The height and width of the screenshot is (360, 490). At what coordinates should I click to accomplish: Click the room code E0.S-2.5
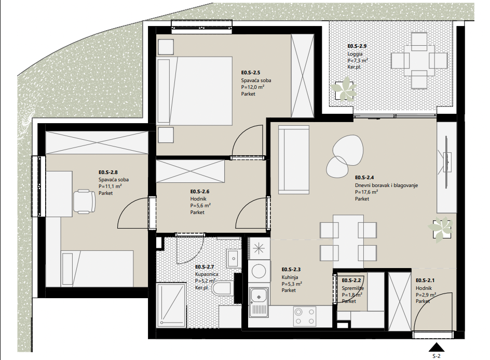[x=251, y=73]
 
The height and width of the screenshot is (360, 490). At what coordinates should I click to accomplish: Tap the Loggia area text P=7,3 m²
[x=358, y=60]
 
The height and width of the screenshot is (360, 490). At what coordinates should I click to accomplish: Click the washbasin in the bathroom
[x=233, y=258]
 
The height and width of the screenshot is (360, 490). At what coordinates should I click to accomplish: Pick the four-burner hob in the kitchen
[x=304, y=316]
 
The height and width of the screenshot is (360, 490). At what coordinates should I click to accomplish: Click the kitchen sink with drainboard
[x=258, y=302]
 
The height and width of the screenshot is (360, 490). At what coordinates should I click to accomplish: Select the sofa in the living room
[x=293, y=160]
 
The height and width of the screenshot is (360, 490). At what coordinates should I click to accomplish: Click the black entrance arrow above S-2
[x=436, y=348]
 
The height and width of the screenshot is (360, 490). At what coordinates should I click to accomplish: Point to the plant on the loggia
[x=344, y=89]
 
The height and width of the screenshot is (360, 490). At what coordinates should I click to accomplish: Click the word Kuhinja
[x=290, y=277]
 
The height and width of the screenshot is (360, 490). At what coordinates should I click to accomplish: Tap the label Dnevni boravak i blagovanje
[x=386, y=185]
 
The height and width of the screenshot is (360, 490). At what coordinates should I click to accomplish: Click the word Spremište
[x=352, y=288]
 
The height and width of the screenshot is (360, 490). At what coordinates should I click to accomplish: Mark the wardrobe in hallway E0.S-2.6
[x=190, y=171]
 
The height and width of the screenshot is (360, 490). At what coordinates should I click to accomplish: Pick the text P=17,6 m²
[x=366, y=192]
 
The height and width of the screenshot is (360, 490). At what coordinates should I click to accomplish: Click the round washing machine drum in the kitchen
[x=258, y=271]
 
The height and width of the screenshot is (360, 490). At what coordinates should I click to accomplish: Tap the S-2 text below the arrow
[x=436, y=356]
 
